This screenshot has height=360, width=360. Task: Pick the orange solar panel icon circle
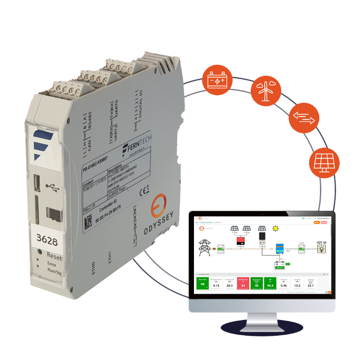(x=322, y=163)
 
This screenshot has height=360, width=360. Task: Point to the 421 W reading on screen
(x=322, y=243)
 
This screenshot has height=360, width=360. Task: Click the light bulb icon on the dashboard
(x=322, y=250)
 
